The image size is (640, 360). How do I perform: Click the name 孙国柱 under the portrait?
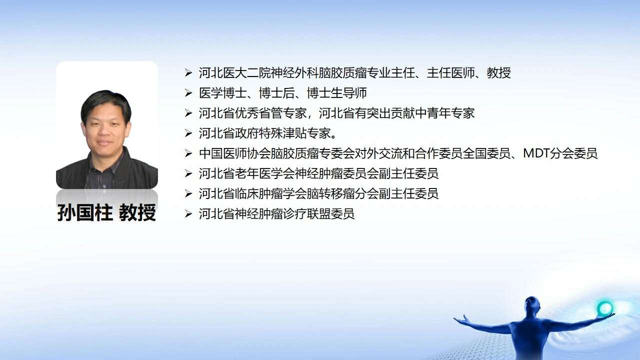(x=85, y=213)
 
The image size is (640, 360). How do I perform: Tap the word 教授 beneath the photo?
(x=137, y=213)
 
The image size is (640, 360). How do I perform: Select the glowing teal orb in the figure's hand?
(x=604, y=308)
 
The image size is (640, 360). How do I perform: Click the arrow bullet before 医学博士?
(x=188, y=93)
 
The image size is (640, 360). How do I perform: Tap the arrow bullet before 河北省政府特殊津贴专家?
(x=188, y=133)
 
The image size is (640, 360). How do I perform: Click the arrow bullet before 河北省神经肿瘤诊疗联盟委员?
(x=188, y=213)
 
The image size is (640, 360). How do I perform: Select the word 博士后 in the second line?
(x=276, y=93)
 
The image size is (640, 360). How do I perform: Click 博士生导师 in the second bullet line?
(x=337, y=93)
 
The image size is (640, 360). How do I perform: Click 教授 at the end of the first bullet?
(x=499, y=73)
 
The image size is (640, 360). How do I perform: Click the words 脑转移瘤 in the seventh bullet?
(x=330, y=193)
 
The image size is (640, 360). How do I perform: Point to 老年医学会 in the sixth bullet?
(x=264, y=173)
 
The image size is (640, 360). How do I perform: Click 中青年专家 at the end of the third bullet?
(x=445, y=113)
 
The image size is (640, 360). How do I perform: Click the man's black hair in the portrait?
(x=105, y=101)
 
